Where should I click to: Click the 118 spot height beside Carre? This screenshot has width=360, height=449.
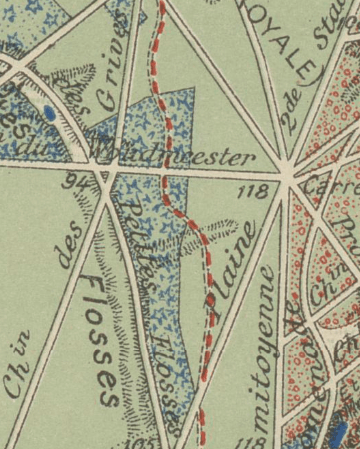point(254,190)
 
